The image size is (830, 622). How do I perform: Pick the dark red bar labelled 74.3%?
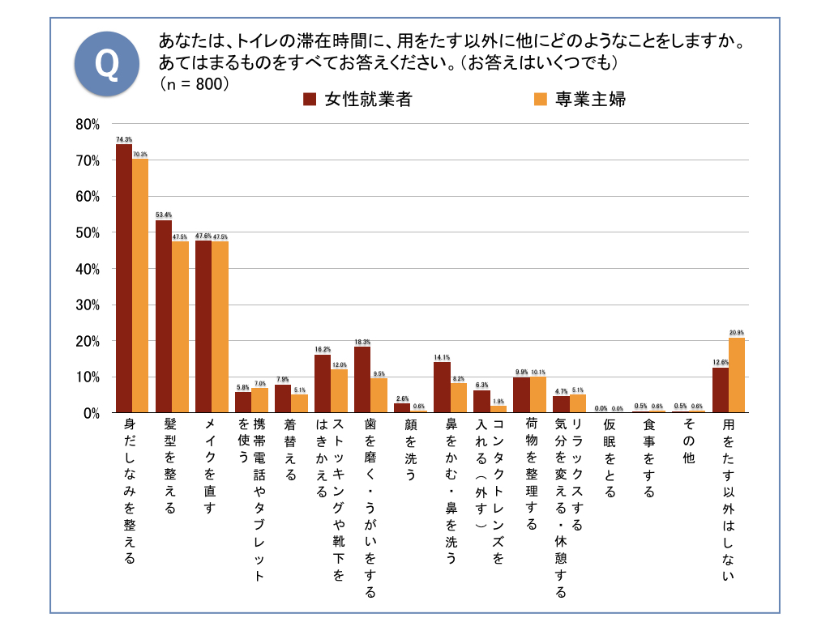124,279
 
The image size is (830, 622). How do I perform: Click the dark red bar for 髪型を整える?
164,317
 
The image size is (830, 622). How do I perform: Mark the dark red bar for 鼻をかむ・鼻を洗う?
442,387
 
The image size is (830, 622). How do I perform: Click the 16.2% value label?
323,349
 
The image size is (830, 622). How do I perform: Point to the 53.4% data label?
164,215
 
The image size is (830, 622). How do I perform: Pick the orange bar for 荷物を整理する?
537,394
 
